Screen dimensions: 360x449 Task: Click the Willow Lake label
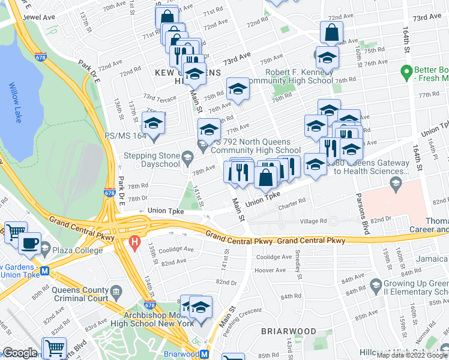click(13, 94)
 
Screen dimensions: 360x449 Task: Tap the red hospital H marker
click(135, 244)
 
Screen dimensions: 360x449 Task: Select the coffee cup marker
click(29, 243)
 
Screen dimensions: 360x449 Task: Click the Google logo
click(20, 353)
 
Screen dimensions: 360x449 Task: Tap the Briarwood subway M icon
click(205, 354)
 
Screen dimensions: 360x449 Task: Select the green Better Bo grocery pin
click(406, 73)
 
